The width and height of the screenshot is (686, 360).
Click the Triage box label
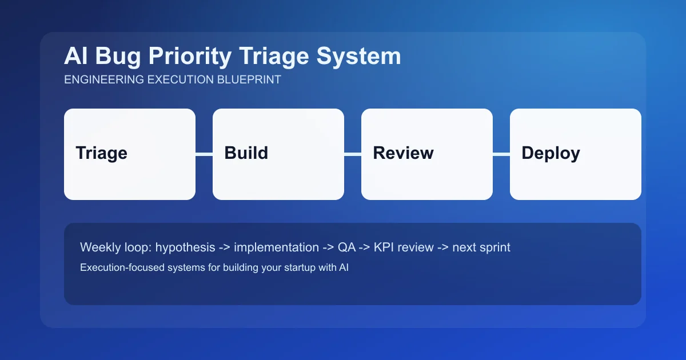pos(101,153)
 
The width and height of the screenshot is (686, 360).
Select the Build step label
pos(246,153)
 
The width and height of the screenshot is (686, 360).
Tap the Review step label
pos(403,153)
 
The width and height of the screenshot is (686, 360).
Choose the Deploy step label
pos(551,153)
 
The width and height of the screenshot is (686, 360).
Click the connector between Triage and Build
pos(204,154)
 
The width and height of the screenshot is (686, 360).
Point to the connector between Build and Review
pos(353,154)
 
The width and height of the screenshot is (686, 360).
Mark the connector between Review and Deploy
pos(501,154)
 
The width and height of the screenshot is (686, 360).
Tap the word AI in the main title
pos(75,57)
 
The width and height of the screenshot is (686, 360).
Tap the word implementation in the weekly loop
pos(276,247)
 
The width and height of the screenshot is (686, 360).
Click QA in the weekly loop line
pos(346,247)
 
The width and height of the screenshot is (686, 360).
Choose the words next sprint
pos(481,247)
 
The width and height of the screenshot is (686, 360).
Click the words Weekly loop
pos(115,247)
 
